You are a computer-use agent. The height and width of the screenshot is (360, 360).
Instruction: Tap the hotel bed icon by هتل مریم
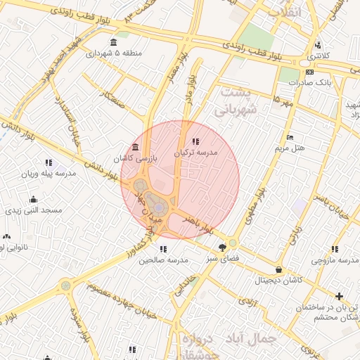(x=290, y=137)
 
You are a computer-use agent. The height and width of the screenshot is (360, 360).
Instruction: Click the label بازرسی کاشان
(x=136, y=160)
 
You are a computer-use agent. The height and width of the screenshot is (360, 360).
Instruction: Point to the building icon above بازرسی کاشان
(x=134, y=148)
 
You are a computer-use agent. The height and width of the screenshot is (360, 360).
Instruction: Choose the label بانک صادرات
(x=309, y=82)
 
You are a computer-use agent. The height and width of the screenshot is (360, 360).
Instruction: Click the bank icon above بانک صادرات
(x=310, y=71)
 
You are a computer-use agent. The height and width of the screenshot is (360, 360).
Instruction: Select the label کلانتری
(x=320, y=55)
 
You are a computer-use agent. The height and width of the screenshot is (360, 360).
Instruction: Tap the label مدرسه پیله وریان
(x=47, y=174)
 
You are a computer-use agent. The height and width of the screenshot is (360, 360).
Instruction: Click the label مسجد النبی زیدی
(x=34, y=210)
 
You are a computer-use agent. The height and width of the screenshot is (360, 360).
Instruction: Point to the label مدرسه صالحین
(x=164, y=260)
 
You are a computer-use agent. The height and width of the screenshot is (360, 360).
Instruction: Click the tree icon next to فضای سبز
(x=223, y=247)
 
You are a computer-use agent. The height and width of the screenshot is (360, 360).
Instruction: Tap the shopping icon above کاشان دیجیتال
(x=279, y=269)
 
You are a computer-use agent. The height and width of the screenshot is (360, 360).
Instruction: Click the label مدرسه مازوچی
(x=336, y=261)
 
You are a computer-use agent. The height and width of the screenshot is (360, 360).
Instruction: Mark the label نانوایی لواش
(x=13, y=248)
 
